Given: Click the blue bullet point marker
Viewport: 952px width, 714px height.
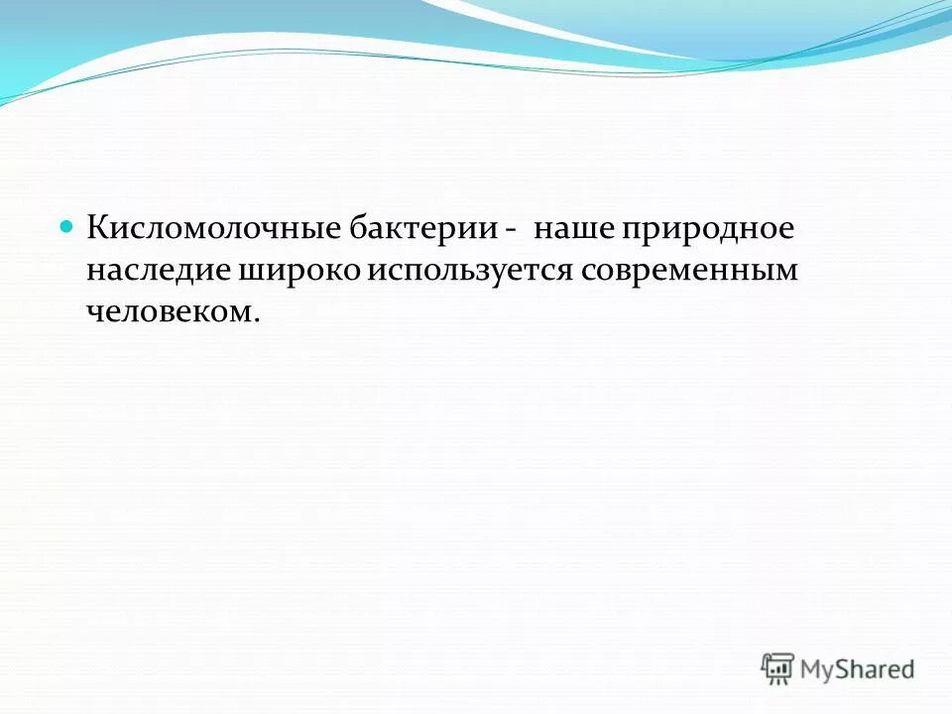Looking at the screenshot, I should tap(67, 227).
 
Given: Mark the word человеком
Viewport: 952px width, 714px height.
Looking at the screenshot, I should tap(170, 312).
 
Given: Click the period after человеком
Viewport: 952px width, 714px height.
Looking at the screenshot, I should tap(257, 319).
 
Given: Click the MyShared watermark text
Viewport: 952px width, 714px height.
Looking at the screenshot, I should tap(857, 669).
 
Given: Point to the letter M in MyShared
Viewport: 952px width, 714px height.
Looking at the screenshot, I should tap(813, 668).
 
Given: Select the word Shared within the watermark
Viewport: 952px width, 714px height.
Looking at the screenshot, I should tap(877, 669).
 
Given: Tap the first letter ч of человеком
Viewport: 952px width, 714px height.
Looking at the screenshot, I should tap(93, 312).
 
